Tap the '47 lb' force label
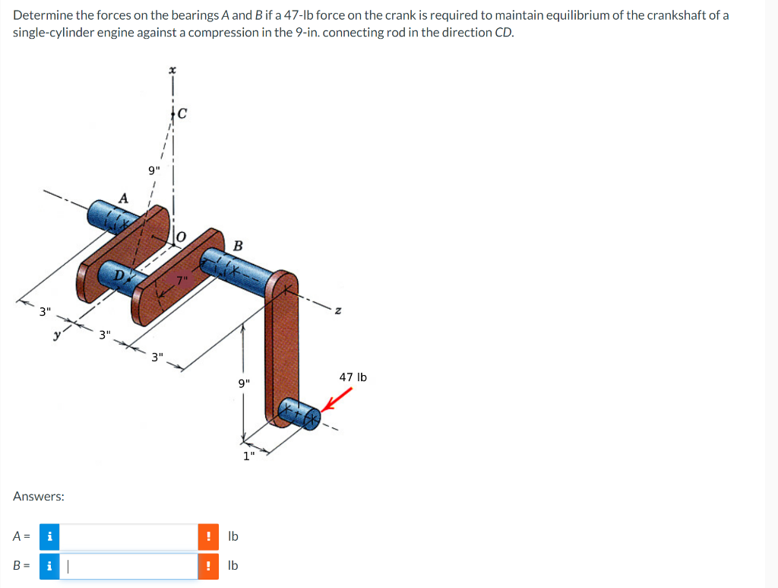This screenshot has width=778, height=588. coord(353,377)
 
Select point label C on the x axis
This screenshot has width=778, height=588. coord(182,115)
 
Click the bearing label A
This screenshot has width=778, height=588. coord(123,198)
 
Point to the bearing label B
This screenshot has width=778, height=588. coord(238,246)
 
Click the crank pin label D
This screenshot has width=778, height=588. coord(119,273)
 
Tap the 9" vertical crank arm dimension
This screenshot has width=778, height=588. coord(243,383)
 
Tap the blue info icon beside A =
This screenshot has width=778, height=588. coord(49,536)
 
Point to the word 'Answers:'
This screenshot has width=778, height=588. coord(39,496)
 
